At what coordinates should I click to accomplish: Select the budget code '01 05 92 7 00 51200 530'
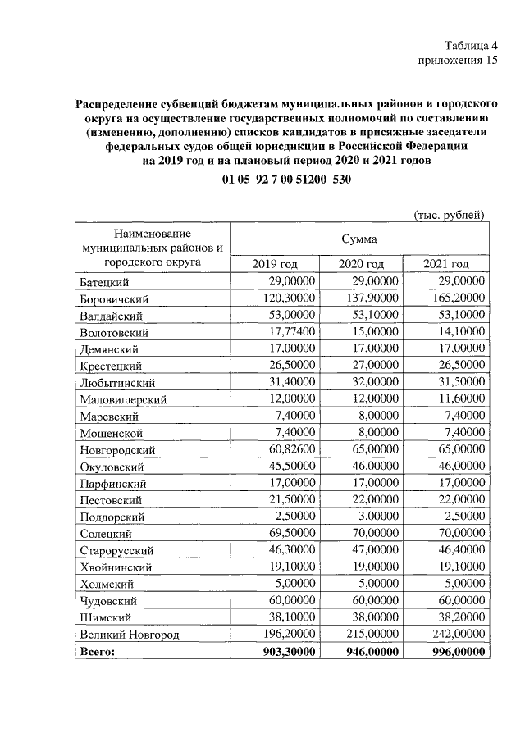point(286,180)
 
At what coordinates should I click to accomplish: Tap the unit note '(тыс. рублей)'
point(448,215)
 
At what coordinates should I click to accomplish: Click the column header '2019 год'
point(275,263)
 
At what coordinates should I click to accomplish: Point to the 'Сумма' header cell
point(360,239)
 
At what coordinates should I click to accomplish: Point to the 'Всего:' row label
point(98,651)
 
